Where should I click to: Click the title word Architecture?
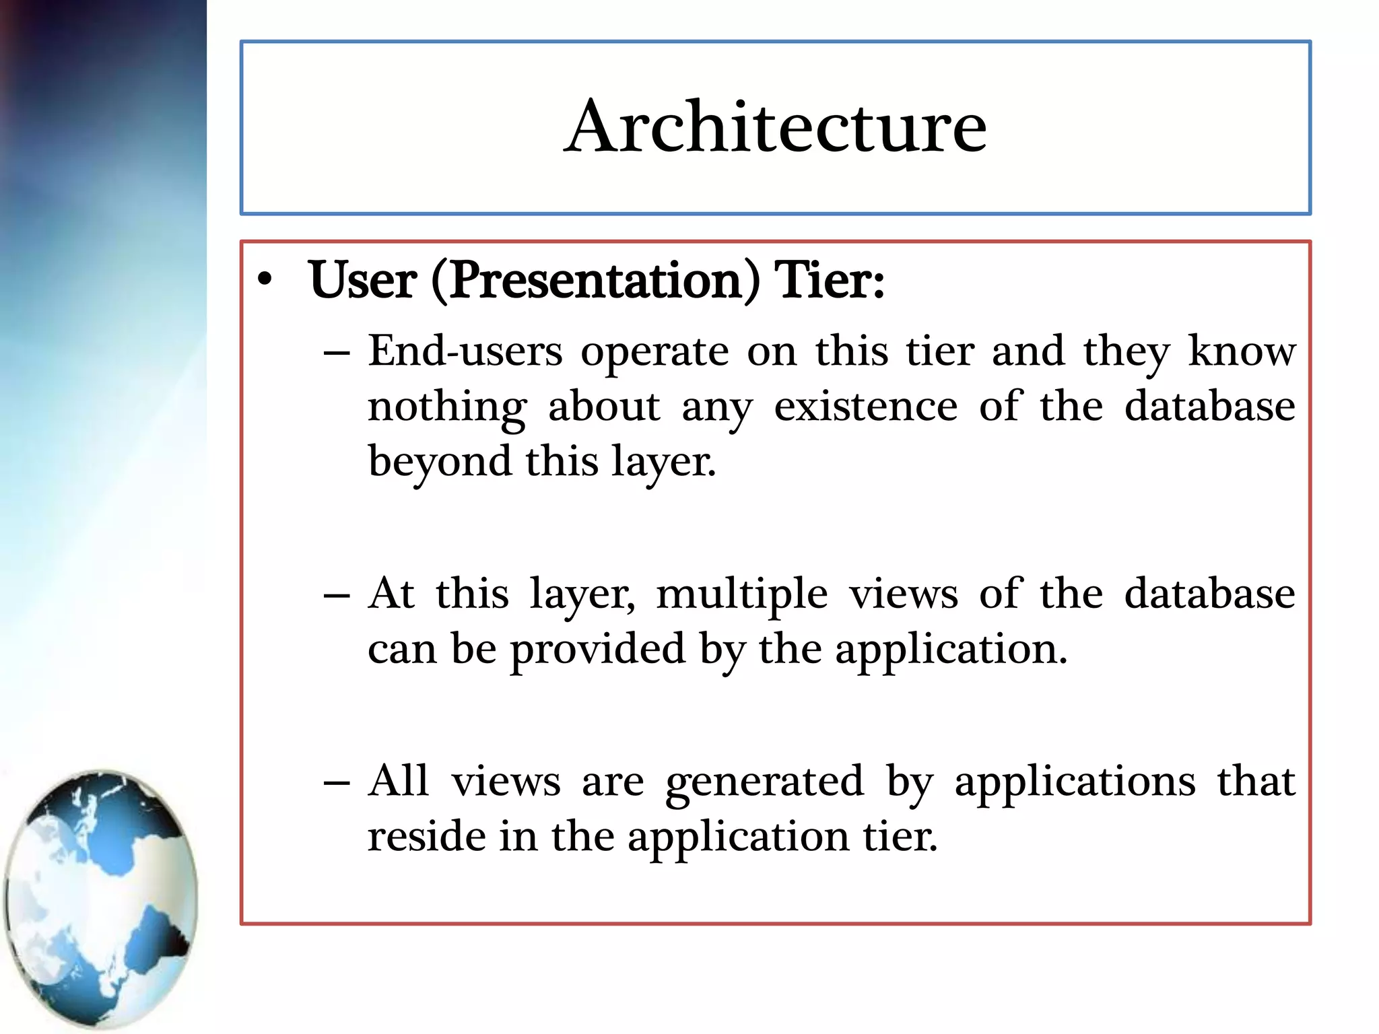[x=775, y=127]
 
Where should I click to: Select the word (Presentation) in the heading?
[x=595, y=281]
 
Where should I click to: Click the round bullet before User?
[x=265, y=281]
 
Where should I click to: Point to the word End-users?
[x=465, y=351]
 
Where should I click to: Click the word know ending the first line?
[x=1242, y=351]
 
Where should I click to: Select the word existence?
[x=865, y=407]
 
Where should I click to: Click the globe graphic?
[x=101, y=899]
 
